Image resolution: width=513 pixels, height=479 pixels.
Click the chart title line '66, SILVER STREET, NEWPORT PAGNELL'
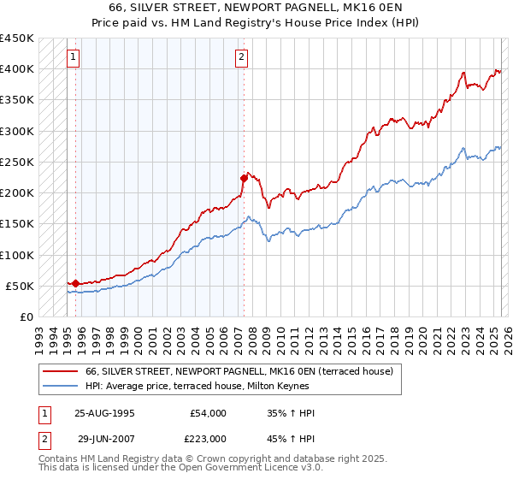pyautogui.click(x=256, y=9)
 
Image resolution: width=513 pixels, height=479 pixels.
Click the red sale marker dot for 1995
pyautogui.click(x=75, y=283)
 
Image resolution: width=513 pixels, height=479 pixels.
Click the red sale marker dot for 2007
pyautogui.click(x=244, y=178)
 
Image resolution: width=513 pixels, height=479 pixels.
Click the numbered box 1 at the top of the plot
pyautogui.click(x=74, y=57)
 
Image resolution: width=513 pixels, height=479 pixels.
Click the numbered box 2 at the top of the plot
pyautogui.click(x=242, y=57)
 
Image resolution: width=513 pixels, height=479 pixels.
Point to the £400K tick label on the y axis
pyautogui.click(x=16, y=69)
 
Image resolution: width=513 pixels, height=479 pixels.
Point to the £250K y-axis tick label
pyautogui.click(x=16, y=162)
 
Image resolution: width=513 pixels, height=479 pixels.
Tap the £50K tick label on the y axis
pyautogui.click(x=20, y=286)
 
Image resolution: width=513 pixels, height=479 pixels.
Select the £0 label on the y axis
pyautogui.click(x=26, y=316)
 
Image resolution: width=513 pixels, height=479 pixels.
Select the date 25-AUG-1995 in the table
pyautogui.click(x=104, y=413)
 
